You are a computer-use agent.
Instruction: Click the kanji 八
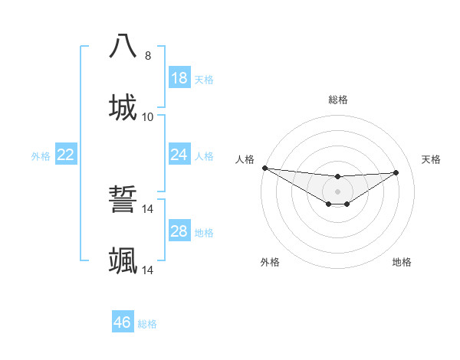(x=123, y=47)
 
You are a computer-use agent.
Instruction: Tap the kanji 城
(x=123, y=108)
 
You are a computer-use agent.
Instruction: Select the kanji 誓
(x=123, y=200)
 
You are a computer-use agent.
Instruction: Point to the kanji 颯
(x=123, y=261)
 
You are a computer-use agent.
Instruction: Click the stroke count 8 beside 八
(x=148, y=55)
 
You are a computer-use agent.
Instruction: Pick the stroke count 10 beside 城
(x=148, y=116)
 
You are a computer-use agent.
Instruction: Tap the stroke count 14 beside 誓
(x=148, y=208)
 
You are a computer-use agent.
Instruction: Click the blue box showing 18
(x=179, y=78)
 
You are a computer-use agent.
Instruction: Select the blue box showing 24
(x=179, y=155)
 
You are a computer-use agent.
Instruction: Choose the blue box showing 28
(x=179, y=231)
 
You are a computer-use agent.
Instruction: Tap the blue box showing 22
(x=66, y=155)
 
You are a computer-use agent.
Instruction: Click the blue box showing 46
(x=123, y=322)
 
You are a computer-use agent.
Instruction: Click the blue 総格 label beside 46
(x=147, y=324)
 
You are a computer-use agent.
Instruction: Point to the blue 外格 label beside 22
(x=41, y=156)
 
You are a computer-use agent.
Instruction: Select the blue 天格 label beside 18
(x=204, y=80)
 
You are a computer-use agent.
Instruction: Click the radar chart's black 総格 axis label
(x=337, y=100)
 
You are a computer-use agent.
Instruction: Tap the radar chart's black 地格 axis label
(x=402, y=262)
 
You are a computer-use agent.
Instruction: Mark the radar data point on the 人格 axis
(x=264, y=168)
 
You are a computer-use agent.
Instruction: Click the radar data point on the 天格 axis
(x=396, y=172)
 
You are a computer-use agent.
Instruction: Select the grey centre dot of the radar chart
(x=337, y=191)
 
